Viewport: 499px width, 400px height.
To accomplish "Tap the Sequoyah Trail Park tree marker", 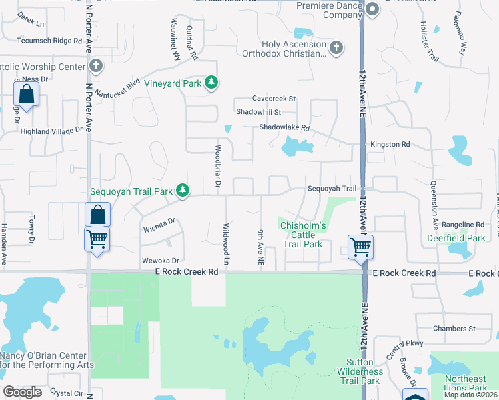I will [182, 191].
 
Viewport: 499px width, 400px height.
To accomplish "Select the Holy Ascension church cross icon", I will [336, 47].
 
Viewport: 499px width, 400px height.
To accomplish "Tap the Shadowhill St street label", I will [259, 113].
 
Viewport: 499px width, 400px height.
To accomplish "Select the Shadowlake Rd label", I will [285, 127].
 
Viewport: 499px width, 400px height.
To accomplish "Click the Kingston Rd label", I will [390, 144].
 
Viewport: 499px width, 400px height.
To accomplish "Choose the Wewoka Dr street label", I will [160, 261].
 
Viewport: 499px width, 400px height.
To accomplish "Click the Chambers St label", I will [454, 329].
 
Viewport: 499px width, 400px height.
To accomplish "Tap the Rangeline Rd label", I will [462, 225].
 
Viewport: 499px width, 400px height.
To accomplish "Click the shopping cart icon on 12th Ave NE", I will [360, 247].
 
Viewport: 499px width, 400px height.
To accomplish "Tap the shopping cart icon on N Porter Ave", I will [97, 239].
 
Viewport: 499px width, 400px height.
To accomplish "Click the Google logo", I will [22, 392].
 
